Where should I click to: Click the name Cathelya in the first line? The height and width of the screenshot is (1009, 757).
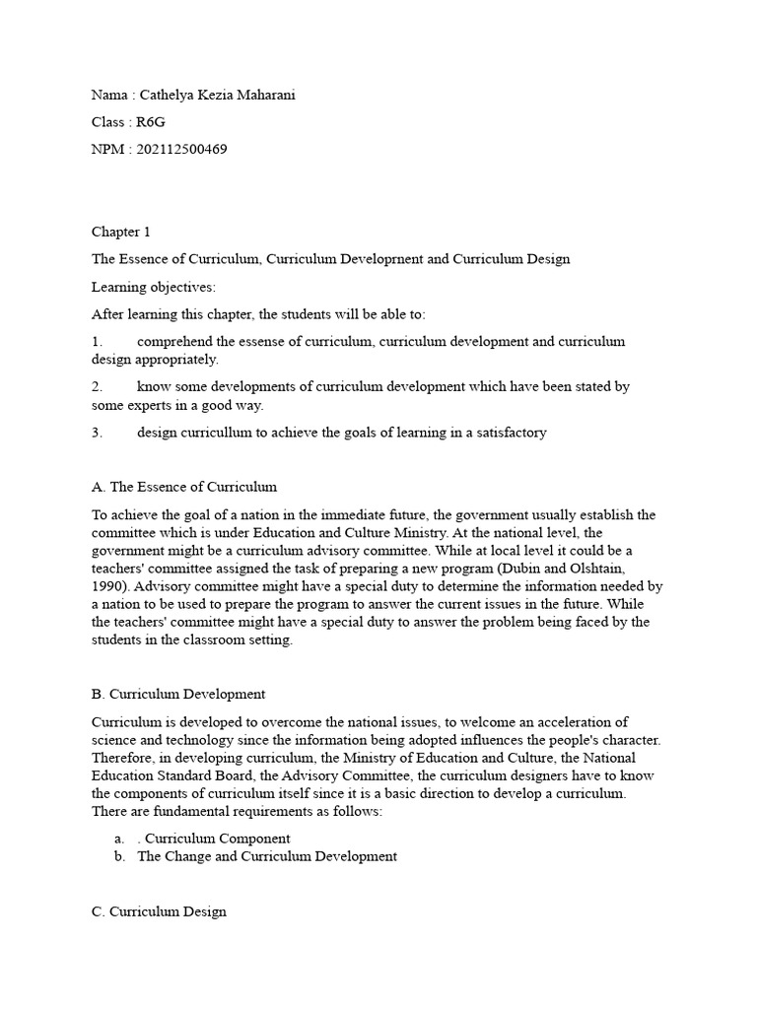point(169,95)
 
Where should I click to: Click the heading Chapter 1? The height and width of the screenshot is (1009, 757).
point(121,232)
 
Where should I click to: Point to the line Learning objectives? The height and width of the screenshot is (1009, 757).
point(153,287)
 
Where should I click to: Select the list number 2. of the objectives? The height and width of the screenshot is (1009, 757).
point(98,387)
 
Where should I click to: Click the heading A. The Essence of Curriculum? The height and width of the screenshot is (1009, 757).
point(184,487)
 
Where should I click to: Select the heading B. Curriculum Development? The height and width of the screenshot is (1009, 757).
point(178,695)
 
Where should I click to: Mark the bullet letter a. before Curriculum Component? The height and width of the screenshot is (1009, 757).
point(118,839)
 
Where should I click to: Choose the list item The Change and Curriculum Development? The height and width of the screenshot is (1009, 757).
point(267,856)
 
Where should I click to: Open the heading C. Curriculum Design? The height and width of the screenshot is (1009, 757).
point(159,911)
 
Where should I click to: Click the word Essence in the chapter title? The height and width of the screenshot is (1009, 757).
point(144,259)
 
